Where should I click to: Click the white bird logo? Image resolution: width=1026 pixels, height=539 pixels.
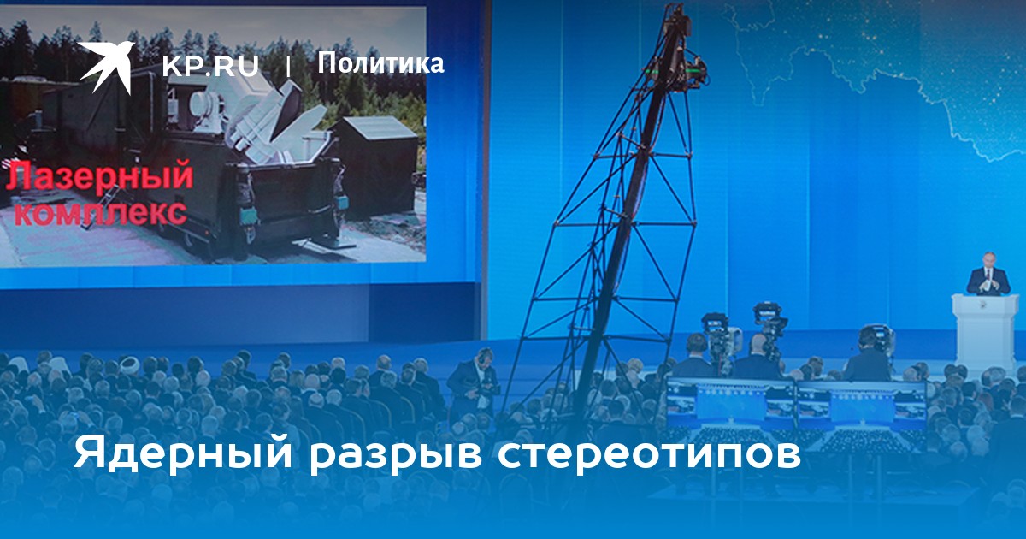106,67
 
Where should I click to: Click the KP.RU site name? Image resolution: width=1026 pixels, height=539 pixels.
210,67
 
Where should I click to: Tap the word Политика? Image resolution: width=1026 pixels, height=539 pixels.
380,62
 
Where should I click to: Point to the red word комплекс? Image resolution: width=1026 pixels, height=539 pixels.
101,212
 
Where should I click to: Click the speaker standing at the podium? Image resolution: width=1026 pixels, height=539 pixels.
988,274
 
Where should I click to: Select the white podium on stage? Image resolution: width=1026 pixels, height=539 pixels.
985,332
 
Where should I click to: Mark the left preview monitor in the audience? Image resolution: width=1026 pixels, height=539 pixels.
730,403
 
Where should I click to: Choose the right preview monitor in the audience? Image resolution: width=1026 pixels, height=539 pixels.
862,406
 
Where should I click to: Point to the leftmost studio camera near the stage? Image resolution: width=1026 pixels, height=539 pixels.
720,337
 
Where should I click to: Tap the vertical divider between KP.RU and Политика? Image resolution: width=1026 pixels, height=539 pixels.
288,67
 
